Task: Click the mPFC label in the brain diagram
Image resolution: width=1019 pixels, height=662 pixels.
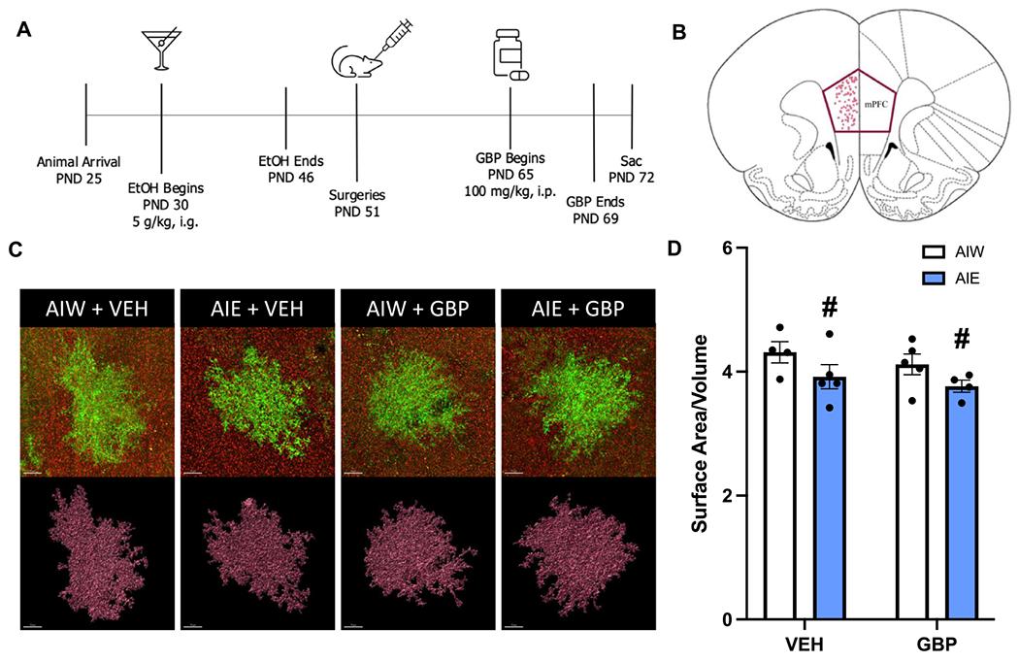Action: point(876,99)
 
